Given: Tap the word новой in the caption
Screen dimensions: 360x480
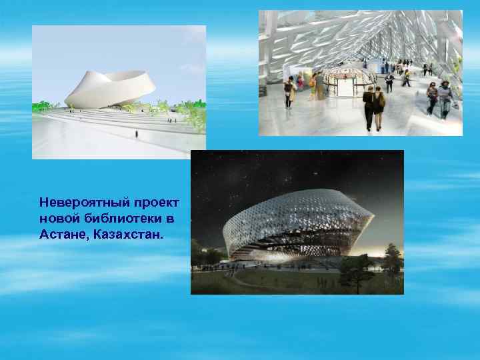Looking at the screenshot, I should point(58,219).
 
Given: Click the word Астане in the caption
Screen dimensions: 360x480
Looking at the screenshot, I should point(64,235).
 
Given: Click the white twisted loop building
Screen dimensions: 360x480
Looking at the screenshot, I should point(110,89).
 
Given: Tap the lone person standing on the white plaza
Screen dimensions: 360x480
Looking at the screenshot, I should point(136,133).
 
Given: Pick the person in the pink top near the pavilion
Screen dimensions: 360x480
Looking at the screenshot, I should point(301,81).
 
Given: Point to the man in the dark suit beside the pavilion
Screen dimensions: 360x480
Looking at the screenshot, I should point(389,82).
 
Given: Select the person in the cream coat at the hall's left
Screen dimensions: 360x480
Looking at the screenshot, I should point(289,91).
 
